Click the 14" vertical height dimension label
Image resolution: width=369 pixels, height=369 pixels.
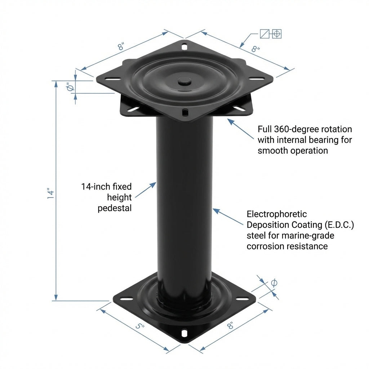click(51, 194)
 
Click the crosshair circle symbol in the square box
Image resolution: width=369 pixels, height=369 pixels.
click(277, 34)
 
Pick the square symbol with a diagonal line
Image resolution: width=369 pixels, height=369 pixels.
click(264, 34)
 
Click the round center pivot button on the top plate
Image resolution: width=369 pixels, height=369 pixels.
click(185, 82)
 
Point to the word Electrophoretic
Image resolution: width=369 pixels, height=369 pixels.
click(277, 214)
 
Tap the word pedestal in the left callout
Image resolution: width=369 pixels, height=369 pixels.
click(115, 208)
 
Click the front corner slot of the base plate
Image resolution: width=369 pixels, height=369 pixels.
click(184, 333)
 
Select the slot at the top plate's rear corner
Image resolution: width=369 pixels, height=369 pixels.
click(184, 47)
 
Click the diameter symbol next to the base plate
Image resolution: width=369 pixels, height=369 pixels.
click(274, 283)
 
